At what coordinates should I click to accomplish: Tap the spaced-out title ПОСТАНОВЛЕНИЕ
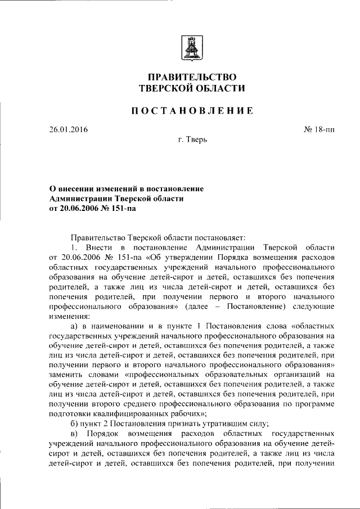click(x=192, y=111)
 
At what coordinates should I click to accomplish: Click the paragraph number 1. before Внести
click(x=73, y=247)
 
